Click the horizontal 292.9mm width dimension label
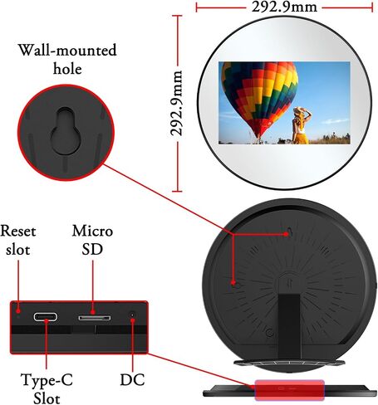(284, 7)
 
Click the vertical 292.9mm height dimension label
(176, 103)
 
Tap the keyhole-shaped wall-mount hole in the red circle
(66, 130)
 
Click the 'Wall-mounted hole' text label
(67, 59)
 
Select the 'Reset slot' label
(18, 240)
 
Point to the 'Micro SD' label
(92, 240)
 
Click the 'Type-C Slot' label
(47, 388)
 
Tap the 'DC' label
(132, 379)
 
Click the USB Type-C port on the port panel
(46, 316)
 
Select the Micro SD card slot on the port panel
(95, 318)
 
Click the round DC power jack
(133, 315)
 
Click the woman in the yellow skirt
(301, 125)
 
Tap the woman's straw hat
(299, 111)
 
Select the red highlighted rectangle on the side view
(289, 390)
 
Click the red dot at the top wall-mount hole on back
(287, 234)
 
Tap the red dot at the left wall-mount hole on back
(233, 282)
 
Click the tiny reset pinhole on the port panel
(18, 316)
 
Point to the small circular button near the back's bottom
(270, 333)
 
